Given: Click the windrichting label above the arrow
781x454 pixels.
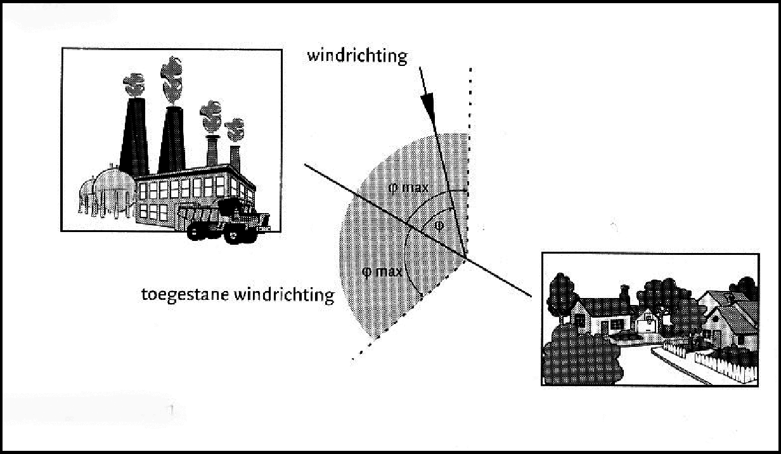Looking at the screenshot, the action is tap(357, 56).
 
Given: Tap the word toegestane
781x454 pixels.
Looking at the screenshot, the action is tap(185, 295).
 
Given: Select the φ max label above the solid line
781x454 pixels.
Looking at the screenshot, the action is tap(408, 188).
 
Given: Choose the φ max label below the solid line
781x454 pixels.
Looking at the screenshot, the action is tap(382, 271).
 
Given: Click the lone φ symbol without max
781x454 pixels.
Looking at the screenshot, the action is tap(439, 226).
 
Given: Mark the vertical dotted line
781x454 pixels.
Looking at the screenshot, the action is tap(469, 160).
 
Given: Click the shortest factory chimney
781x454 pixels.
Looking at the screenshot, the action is tap(235, 158).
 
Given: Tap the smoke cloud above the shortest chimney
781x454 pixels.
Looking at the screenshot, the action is tap(235, 129).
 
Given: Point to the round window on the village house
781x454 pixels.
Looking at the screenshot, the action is tap(649, 316).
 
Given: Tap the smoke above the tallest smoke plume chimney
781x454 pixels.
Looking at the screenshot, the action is tap(172, 80).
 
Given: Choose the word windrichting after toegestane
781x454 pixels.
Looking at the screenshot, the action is tap(284, 295).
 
